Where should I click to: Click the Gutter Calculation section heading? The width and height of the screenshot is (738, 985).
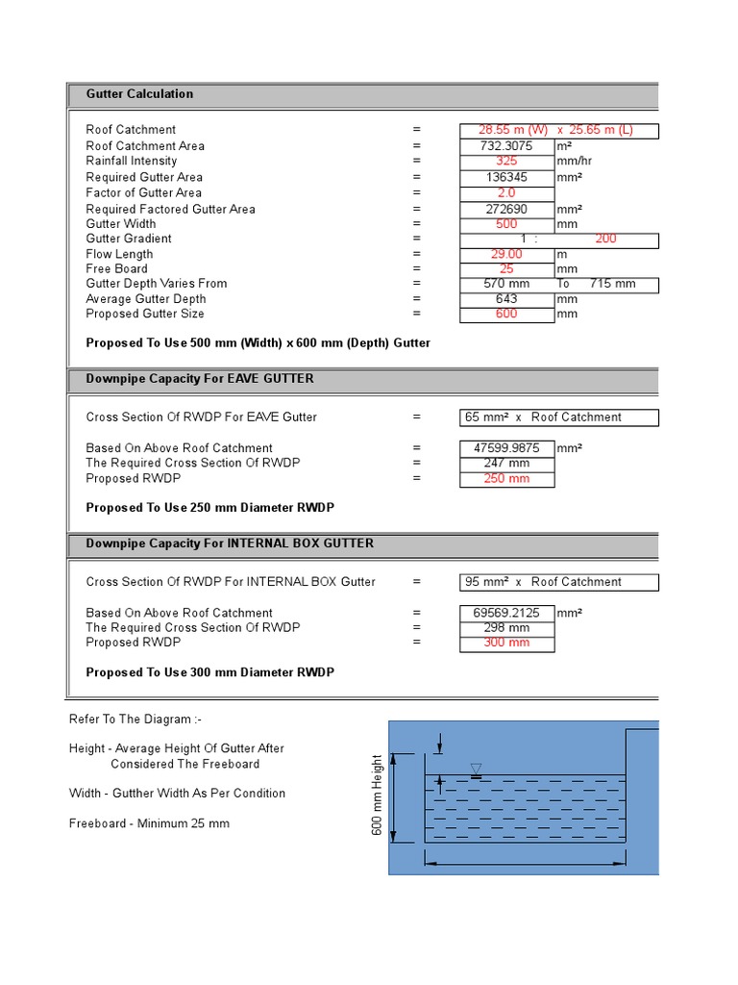pyautogui.click(x=139, y=94)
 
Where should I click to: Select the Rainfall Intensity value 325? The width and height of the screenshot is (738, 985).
pyautogui.click(x=506, y=162)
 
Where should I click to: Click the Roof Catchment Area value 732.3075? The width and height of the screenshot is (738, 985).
pyautogui.click(x=506, y=146)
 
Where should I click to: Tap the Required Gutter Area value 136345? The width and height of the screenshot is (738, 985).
pyautogui.click(x=506, y=178)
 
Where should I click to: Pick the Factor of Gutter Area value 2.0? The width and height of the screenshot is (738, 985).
pyautogui.click(x=506, y=193)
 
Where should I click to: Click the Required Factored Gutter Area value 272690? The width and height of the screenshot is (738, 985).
pyautogui.click(x=506, y=209)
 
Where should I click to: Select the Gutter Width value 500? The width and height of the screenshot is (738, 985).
pyautogui.click(x=506, y=224)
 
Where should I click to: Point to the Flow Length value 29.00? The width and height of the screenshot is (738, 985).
pyautogui.click(x=506, y=255)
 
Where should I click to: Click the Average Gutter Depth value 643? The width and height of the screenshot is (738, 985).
pyautogui.click(x=506, y=299)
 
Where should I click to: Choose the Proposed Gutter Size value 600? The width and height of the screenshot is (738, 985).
pyautogui.click(x=506, y=314)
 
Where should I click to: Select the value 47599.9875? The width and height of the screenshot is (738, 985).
pyautogui.click(x=506, y=448)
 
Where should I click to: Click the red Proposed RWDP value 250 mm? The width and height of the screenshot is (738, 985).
pyautogui.click(x=506, y=479)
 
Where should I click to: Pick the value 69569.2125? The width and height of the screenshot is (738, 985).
pyautogui.click(x=506, y=613)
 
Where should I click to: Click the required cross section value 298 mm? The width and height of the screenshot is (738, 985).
pyautogui.click(x=506, y=628)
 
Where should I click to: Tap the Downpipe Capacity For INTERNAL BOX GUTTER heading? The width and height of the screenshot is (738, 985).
pyautogui.click(x=230, y=543)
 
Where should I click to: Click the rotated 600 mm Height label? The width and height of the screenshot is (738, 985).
pyautogui.click(x=378, y=796)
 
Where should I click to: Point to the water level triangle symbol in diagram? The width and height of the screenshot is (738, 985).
pyautogui.click(x=476, y=768)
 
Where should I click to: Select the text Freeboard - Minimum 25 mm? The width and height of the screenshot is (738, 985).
pyautogui.click(x=149, y=823)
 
